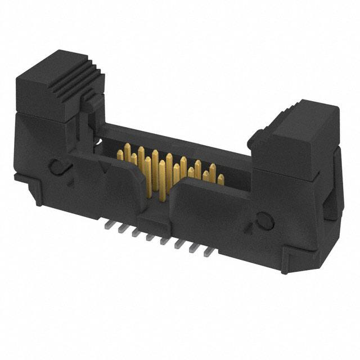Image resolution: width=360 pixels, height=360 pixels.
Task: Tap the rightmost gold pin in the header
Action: pyautogui.click(x=220, y=179)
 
